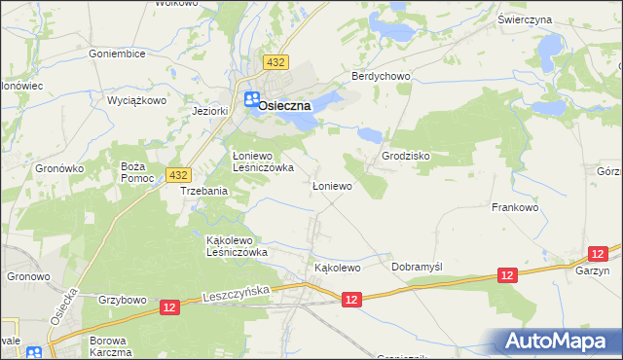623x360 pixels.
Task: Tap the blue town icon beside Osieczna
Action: tap(251, 99)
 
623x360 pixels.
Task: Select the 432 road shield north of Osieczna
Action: tap(275, 62)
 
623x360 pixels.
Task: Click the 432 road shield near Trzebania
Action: tap(177, 174)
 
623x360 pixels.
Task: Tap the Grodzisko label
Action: tap(406, 156)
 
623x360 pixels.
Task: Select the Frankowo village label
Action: tap(515, 207)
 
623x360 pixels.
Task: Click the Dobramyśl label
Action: tap(417, 266)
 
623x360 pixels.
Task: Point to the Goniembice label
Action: tap(117, 54)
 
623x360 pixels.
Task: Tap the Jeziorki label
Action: tap(210, 111)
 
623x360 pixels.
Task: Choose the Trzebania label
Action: tap(204, 192)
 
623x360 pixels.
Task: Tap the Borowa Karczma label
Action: tap(110, 345)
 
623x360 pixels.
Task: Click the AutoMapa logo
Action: tap(560, 341)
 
